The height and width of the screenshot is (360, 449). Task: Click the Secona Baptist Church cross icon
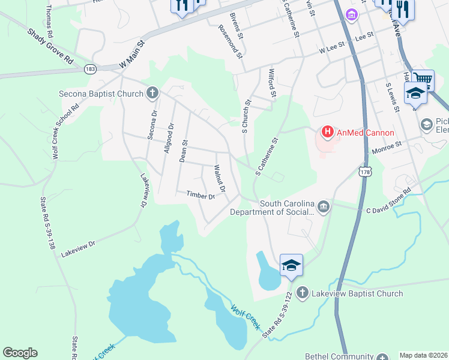tap(152, 93)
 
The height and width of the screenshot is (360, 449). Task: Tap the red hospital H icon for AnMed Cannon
tap(328, 131)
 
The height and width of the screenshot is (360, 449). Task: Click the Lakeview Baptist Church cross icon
tap(302, 293)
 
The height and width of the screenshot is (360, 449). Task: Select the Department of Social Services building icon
tap(324, 207)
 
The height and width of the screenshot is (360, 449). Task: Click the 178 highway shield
tap(365, 172)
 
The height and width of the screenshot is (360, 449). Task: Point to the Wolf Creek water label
tap(246, 316)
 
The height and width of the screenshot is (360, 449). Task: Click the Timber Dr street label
tap(200, 195)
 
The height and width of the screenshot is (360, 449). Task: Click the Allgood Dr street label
tap(168, 137)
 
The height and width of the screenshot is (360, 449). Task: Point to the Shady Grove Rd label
tap(50, 46)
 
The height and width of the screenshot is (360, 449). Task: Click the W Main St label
tap(133, 53)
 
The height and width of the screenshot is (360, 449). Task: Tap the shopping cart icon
tap(423, 78)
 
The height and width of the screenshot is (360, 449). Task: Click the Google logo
tap(20, 353)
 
